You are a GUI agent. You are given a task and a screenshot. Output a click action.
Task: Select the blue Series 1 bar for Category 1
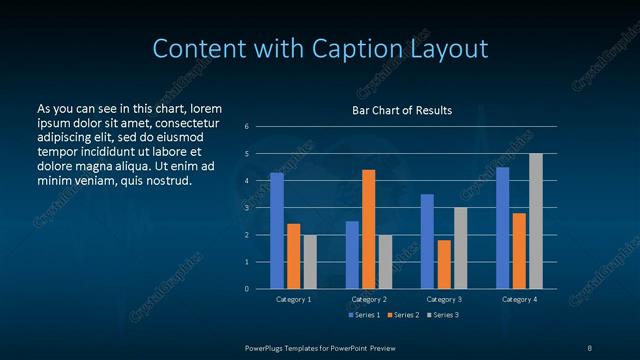coord(277,230)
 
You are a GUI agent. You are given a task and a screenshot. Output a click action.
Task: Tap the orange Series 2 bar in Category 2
coord(368,229)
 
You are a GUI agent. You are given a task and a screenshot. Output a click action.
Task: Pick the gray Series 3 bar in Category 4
coord(536,221)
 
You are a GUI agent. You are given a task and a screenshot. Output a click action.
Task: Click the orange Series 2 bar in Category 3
coord(444,264)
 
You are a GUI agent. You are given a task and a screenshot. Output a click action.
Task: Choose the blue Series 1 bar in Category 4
coord(502,227)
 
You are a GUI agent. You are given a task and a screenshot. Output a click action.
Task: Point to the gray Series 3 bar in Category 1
coord(310,261)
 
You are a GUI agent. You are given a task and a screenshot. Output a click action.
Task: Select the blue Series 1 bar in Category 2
coord(352,254)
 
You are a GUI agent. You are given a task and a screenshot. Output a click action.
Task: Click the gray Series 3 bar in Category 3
coord(460,248)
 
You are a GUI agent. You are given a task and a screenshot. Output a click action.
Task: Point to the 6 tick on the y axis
coord(246,127)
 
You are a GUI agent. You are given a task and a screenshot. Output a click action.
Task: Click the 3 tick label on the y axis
coord(246,208)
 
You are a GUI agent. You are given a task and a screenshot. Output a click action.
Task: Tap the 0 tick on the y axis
coord(246,289)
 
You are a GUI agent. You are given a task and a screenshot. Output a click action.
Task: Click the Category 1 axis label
coord(294,299)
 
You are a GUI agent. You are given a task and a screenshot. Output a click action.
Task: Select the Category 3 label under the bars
coord(444,299)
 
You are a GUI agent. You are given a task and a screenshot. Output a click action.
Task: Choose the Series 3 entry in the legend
coord(442,315)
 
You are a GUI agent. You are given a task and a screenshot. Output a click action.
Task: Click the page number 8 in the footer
coord(589,346)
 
